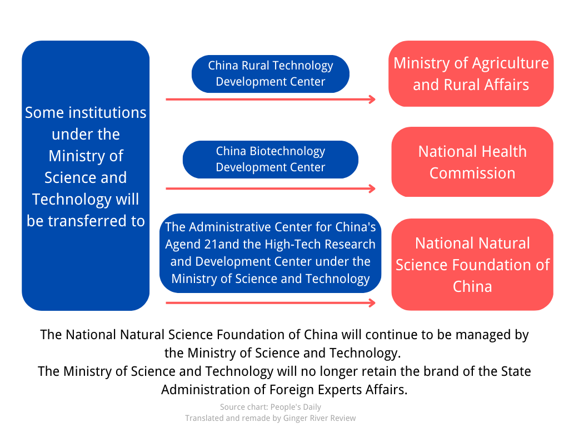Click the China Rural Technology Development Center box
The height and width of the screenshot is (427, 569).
(270, 73)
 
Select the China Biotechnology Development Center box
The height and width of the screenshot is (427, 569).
(270, 159)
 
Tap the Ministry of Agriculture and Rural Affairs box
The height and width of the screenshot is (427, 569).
(471, 73)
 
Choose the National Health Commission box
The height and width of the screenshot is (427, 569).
(472, 162)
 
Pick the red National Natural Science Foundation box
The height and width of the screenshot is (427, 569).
(472, 265)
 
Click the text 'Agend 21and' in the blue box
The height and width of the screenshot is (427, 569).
(197, 244)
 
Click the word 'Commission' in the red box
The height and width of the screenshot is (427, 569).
(472, 173)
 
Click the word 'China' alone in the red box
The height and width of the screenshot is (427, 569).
(472, 286)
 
